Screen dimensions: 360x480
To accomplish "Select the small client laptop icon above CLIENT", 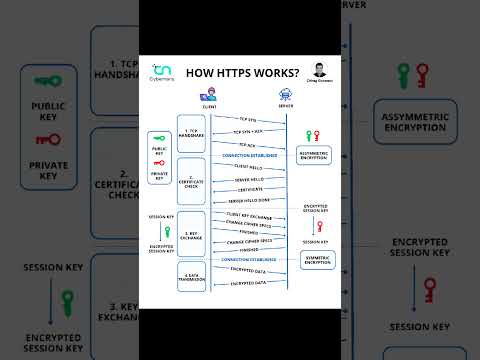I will pyautogui.click(x=206, y=94).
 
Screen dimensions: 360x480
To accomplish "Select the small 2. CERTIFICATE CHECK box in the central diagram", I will pyautogui.click(x=192, y=181).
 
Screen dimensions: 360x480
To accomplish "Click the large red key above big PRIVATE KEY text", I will pyautogui.click(x=48, y=139).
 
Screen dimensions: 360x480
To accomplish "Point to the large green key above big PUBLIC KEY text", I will pyautogui.click(x=47, y=81).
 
